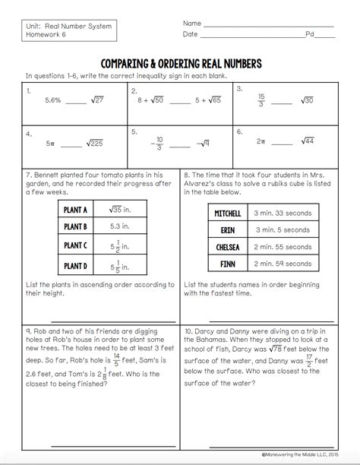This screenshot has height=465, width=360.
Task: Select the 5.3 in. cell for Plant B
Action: [x=122, y=226]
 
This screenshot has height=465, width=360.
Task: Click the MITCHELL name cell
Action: [x=229, y=214]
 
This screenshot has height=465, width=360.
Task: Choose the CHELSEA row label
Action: [x=229, y=246]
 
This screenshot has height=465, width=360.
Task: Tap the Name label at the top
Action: [x=192, y=24]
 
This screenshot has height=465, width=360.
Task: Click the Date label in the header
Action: [x=191, y=34]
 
